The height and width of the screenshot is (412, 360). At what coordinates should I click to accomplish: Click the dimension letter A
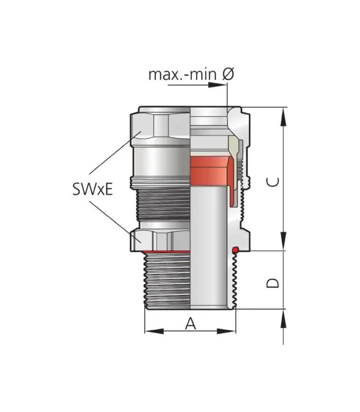point(191,323)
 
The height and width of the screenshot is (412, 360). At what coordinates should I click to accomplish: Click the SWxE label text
point(93,188)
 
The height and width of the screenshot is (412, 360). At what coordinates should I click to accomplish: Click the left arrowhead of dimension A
point(154,331)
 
